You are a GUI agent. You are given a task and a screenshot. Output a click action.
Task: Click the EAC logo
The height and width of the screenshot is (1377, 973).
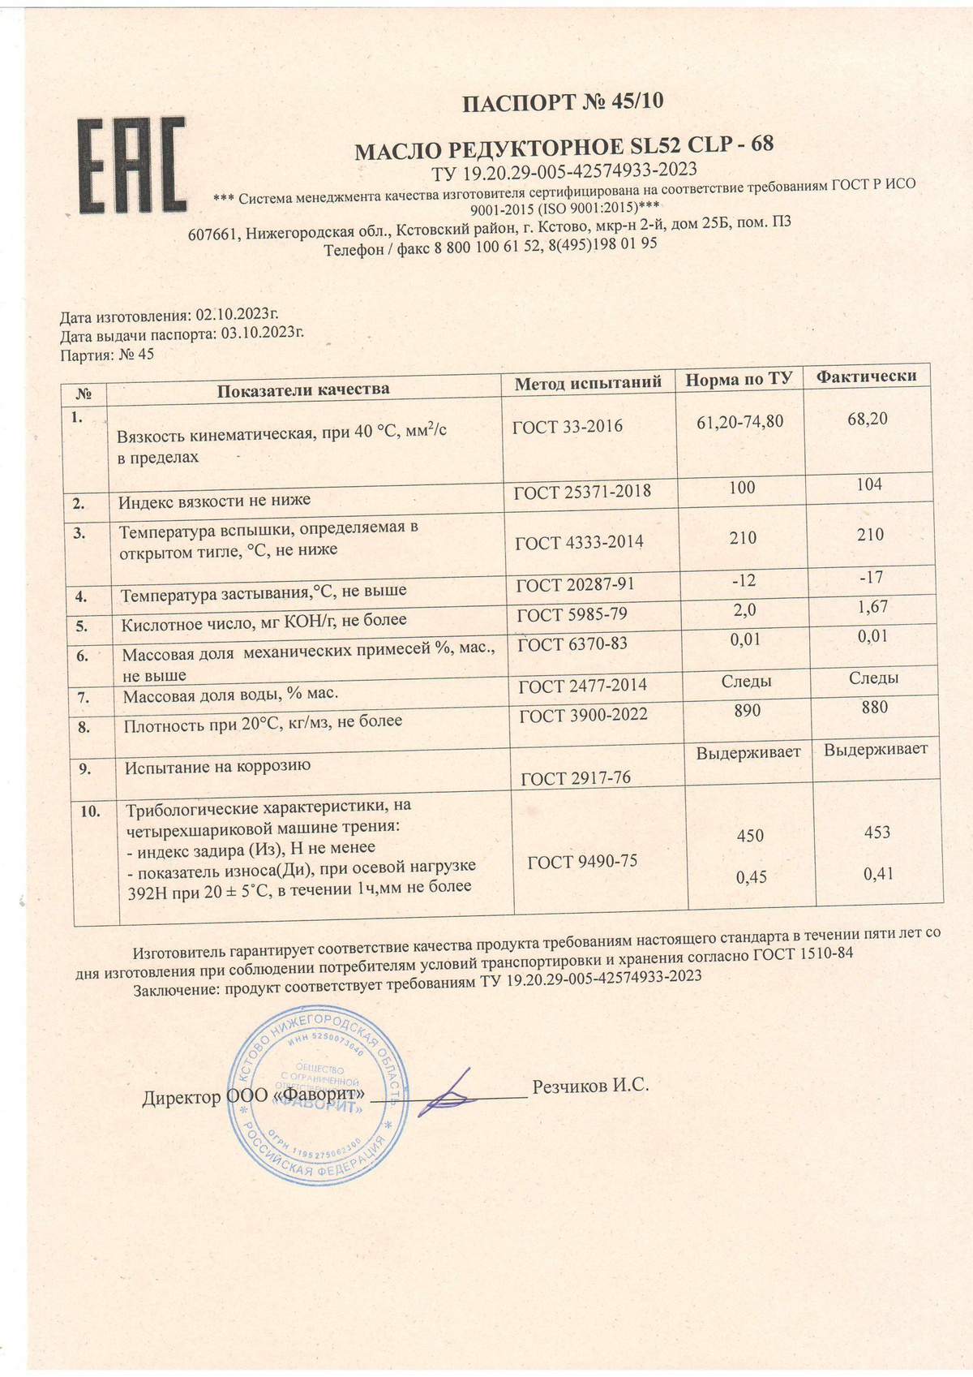[x=131, y=166]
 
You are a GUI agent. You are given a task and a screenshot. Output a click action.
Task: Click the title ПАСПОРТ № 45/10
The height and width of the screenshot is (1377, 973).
[x=562, y=102]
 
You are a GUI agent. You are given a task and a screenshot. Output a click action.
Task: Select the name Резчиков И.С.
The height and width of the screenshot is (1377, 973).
[x=590, y=1086]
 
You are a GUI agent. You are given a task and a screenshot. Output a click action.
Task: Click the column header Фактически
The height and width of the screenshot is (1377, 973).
[x=866, y=377]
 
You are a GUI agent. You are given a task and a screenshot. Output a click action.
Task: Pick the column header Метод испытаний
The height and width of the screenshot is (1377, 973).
[x=588, y=382]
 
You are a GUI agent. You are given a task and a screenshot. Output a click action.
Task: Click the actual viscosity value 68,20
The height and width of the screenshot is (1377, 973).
[x=867, y=419]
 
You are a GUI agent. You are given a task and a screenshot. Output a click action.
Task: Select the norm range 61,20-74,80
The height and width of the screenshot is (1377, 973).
[x=739, y=422]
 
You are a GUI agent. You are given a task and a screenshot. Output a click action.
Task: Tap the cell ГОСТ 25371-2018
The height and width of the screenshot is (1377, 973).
[x=583, y=492]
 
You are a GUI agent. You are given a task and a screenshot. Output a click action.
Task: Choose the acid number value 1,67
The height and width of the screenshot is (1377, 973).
[x=872, y=607]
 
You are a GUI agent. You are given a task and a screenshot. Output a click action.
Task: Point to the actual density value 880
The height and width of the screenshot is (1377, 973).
[x=874, y=708]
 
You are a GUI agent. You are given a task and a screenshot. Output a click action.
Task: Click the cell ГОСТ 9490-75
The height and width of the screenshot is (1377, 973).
[x=582, y=862]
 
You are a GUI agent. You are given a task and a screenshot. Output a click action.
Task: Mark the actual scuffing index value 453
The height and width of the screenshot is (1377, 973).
[x=877, y=833]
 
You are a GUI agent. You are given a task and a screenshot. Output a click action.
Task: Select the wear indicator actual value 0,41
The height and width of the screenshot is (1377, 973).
[x=877, y=875]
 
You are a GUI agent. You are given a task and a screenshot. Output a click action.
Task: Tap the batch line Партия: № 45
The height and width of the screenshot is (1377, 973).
[x=107, y=355]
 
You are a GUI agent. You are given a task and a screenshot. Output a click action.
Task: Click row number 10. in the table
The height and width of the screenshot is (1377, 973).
[x=90, y=811]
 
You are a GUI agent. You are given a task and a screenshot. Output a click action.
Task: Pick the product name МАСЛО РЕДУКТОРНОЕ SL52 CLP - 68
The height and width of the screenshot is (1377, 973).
[x=565, y=147]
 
